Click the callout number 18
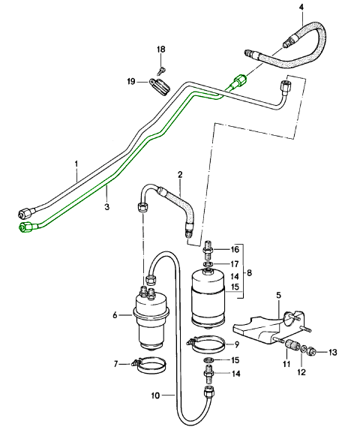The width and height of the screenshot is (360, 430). (161, 50)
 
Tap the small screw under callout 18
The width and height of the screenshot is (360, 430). (161, 71)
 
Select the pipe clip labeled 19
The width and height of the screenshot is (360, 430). (160, 86)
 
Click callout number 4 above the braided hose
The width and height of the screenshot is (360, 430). (301, 8)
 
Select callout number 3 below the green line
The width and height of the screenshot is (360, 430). (106, 206)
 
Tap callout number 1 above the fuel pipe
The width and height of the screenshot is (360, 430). (76, 164)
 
